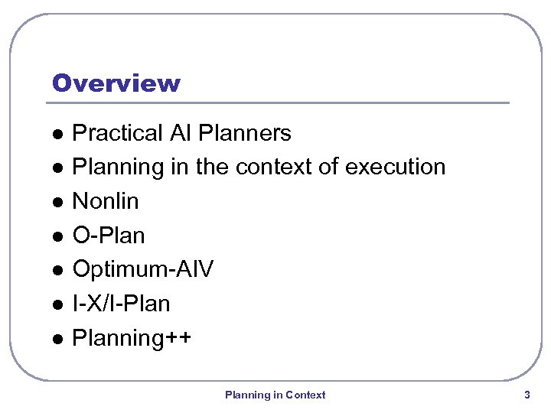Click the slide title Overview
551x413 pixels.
pyautogui.click(x=116, y=83)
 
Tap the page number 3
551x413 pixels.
pyautogui.click(x=527, y=395)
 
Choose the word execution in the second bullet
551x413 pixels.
pyautogui.click(x=396, y=167)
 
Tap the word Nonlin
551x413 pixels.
pyautogui.click(x=105, y=201)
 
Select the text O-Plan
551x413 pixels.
pyautogui.click(x=108, y=236)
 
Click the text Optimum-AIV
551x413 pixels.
pyautogui.click(x=142, y=269)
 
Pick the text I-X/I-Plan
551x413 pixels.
pyautogui.click(x=121, y=304)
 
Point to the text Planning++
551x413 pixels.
pyautogui.click(x=131, y=338)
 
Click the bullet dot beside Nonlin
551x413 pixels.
pyautogui.click(x=57, y=202)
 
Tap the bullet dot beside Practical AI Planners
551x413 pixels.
pyautogui.click(x=57, y=134)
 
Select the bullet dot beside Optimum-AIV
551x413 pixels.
pyautogui.click(x=57, y=270)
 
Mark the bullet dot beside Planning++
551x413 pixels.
pyautogui.click(x=57, y=338)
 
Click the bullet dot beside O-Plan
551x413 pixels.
pyautogui.click(x=57, y=236)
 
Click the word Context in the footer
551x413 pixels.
pyautogui.click(x=305, y=395)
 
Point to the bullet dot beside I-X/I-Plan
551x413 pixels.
pyautogui.click(x=57, y=304)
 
